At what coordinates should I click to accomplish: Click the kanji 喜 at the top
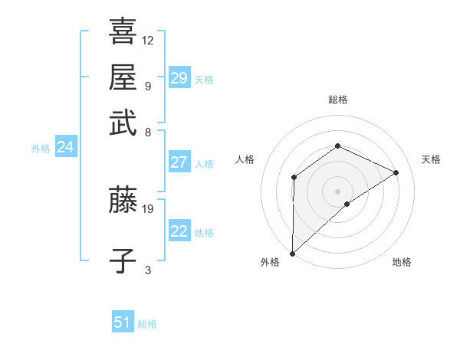pos(123,32)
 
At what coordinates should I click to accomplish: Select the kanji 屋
pos(123,77)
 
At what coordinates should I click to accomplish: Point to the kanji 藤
pos(123,201)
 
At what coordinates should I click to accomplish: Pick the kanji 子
pos(123,260)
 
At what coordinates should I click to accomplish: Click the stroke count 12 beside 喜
pos(148,40)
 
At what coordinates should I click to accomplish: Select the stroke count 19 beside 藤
pos(148,208)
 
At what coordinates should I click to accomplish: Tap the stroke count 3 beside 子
pos(148,269)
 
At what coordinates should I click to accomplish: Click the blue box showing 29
pos(179,78)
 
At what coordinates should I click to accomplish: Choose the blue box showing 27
pos(179,162)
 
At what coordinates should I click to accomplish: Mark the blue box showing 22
pos(179,231)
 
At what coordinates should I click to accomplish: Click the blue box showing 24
pos(65,148)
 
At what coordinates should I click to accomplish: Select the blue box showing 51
pos(123,322)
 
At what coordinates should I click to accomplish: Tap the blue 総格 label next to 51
pos(147,324)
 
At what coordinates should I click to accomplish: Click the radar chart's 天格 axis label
pos(431,159)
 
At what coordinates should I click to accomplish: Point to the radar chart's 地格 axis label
pos(402,262)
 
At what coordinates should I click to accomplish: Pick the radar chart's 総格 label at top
pos(337,100)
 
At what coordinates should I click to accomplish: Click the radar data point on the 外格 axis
pos(292,253)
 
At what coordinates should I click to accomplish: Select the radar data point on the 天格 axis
pos(396,172)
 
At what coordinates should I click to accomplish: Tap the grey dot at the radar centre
pos(337,191)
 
